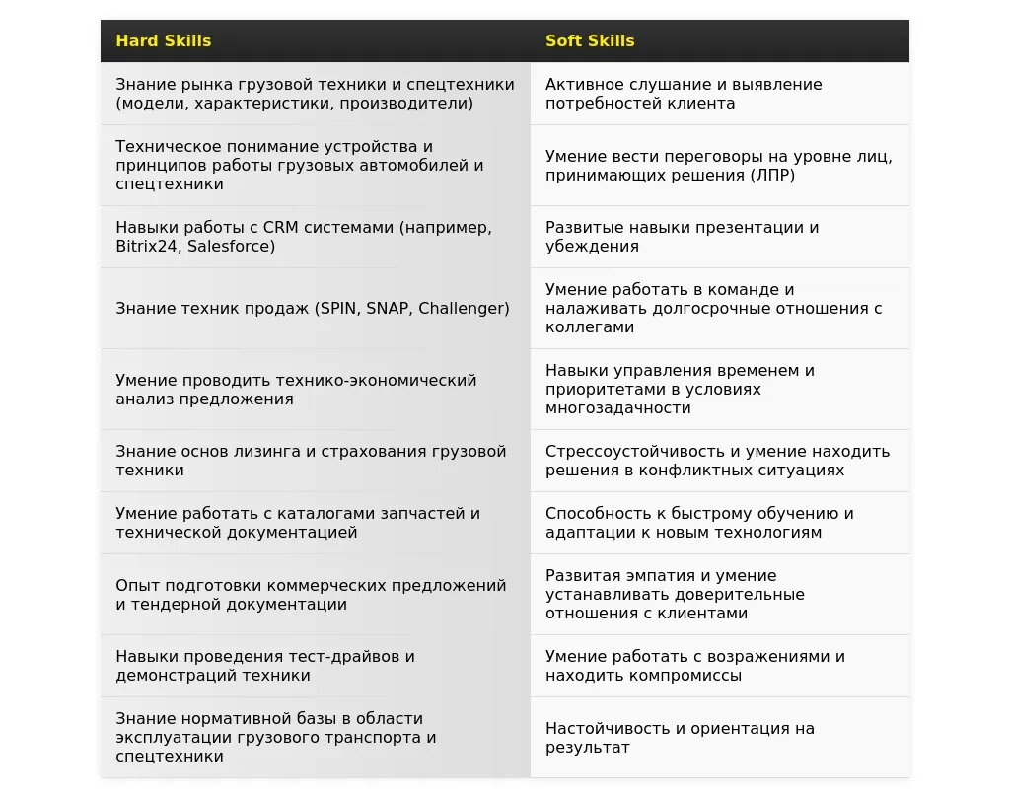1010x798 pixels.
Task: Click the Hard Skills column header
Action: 164,40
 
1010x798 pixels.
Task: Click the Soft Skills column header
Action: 590,40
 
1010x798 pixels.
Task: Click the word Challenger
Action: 464,308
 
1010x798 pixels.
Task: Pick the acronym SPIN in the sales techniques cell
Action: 338,308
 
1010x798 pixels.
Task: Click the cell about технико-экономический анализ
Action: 315,390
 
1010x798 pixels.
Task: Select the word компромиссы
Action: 681,675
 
